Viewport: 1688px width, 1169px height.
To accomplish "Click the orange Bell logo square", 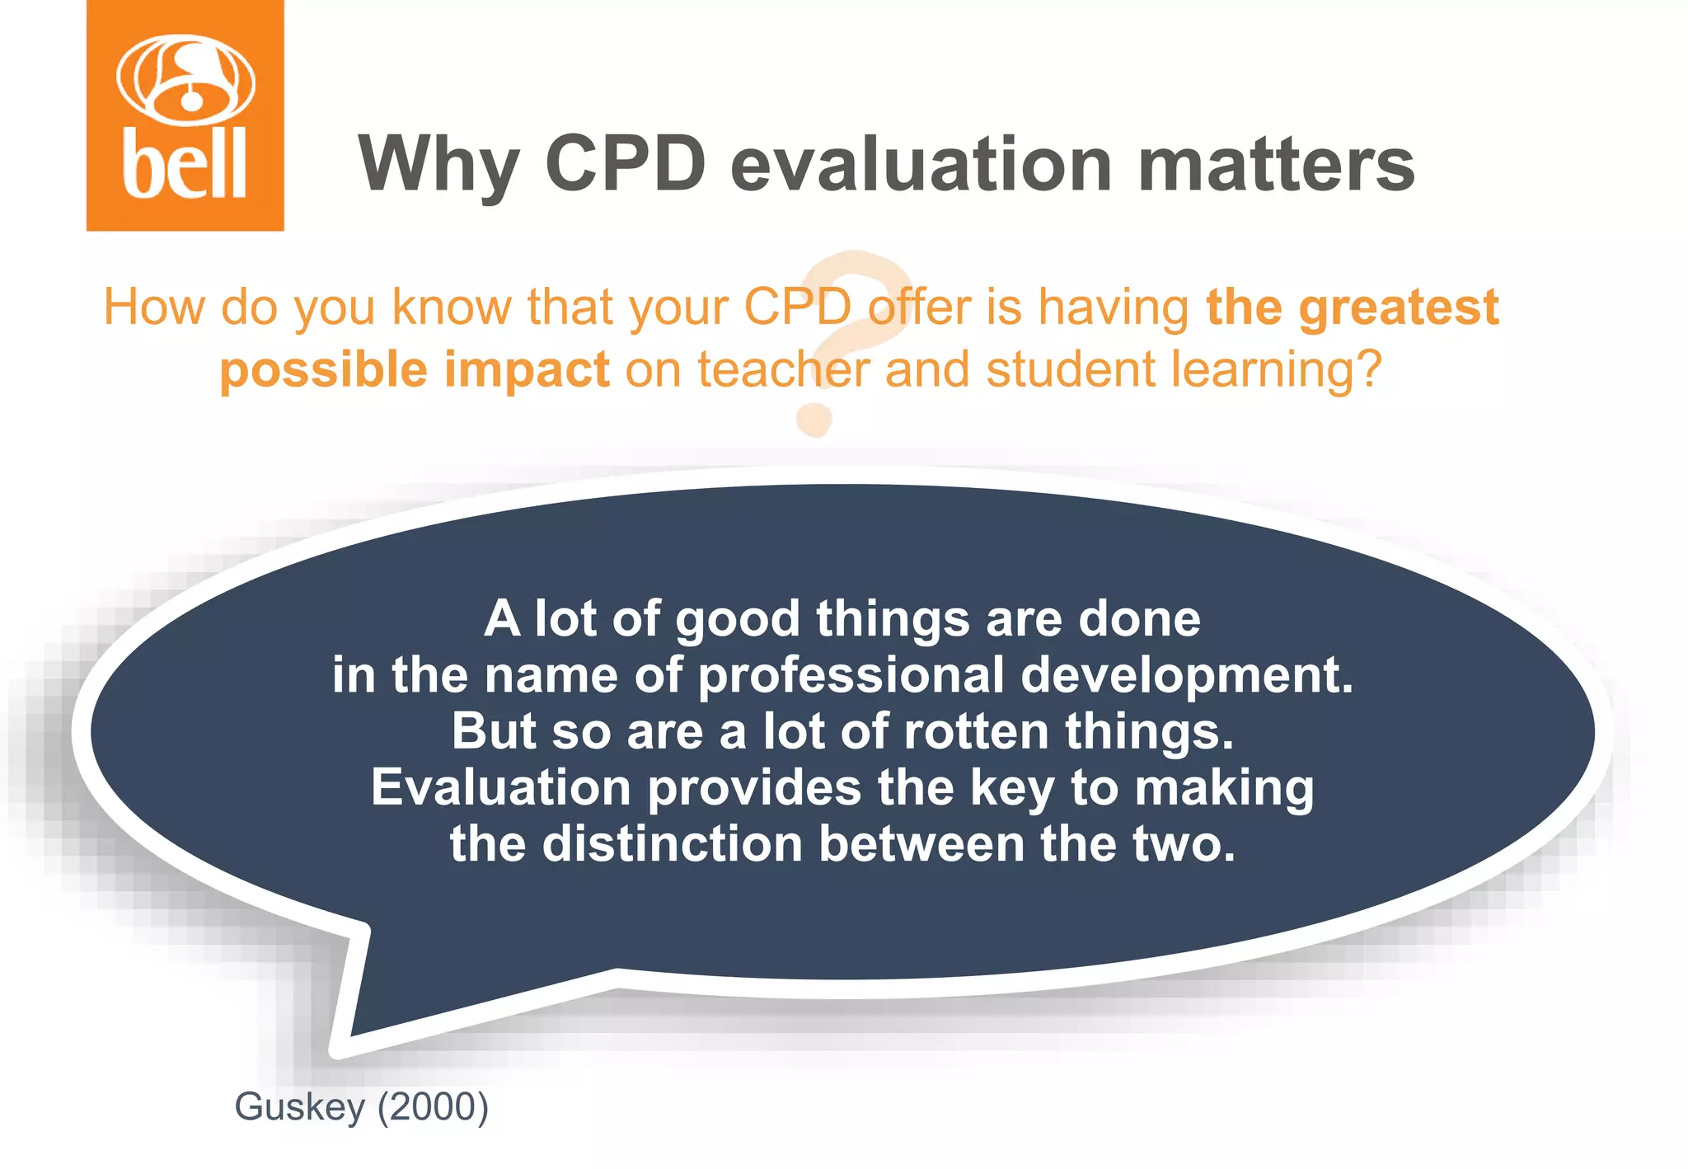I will (185, 115).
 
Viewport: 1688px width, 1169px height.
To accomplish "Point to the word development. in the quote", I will (1187, 675).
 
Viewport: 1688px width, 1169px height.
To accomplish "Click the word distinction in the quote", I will (672, 844).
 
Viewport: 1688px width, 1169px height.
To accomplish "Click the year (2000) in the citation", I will (433, 1106).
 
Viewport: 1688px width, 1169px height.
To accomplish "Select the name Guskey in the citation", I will (299, 1107).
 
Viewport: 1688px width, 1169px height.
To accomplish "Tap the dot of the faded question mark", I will (814, 420).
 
